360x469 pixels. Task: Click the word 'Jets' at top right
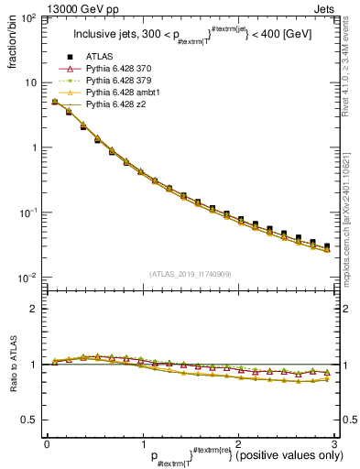point(326,7)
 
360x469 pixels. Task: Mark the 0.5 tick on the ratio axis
point(30,420)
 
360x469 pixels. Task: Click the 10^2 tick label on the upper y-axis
point(27,18)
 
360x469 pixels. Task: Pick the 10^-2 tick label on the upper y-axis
point(27,278)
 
